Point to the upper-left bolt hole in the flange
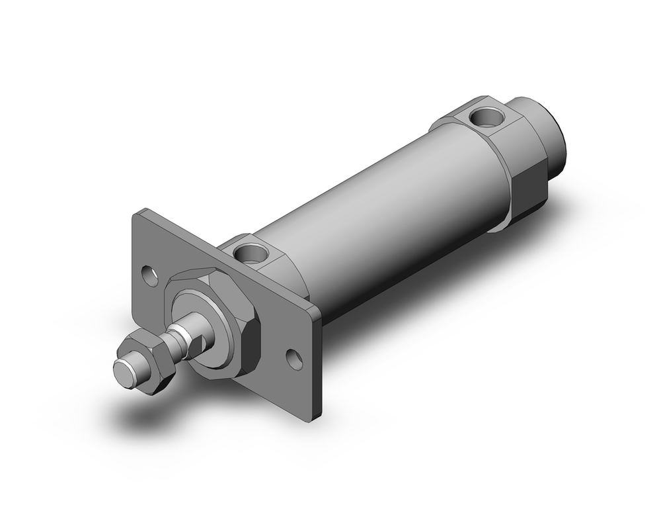coord(151,275)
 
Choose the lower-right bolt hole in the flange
coord(295,359)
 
